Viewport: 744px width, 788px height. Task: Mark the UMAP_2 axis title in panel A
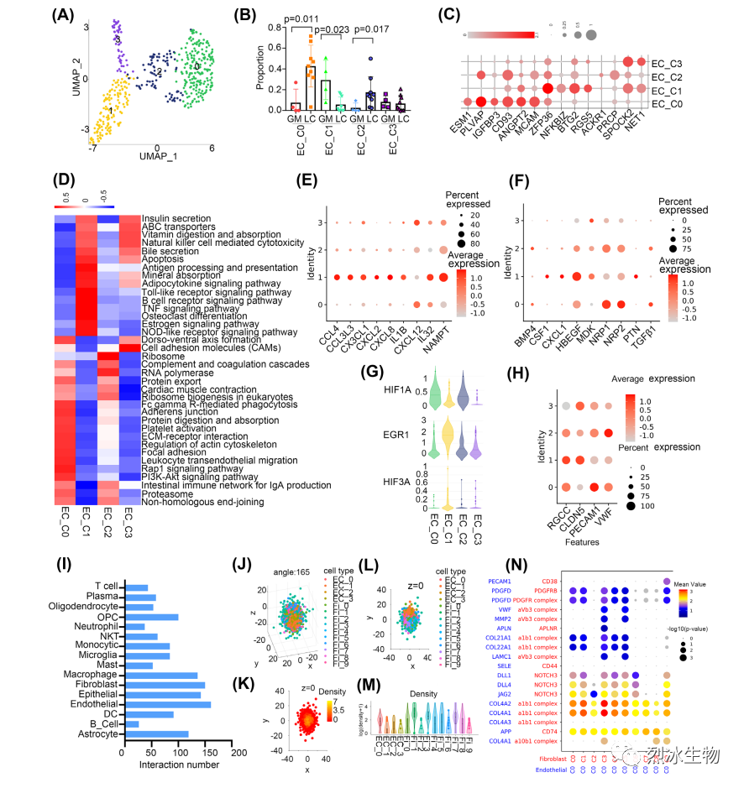click(x=76, y=76)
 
